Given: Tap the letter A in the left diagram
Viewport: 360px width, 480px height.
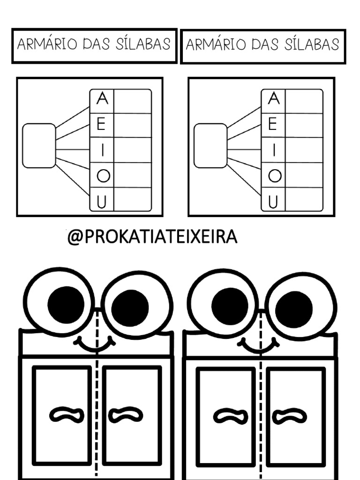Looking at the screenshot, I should tap(102, 100).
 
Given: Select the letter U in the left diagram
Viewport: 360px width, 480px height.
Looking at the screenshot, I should tap(103, 202).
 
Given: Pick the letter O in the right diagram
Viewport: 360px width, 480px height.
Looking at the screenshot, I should tap(275, 176).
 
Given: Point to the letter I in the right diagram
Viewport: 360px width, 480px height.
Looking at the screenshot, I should tap(274, 150).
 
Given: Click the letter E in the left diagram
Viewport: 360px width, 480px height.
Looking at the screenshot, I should tap(102, 125).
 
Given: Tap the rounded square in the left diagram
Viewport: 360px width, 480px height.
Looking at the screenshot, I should tap(39, 145).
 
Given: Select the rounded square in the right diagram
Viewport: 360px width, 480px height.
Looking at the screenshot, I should tap(210, 145).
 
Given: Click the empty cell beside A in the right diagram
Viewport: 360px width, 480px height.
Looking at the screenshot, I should tap(304, 101).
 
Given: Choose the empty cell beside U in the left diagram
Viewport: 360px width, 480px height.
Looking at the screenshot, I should tap(133, 199).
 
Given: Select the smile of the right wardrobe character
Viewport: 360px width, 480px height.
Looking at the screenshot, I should tap(259, 345).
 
